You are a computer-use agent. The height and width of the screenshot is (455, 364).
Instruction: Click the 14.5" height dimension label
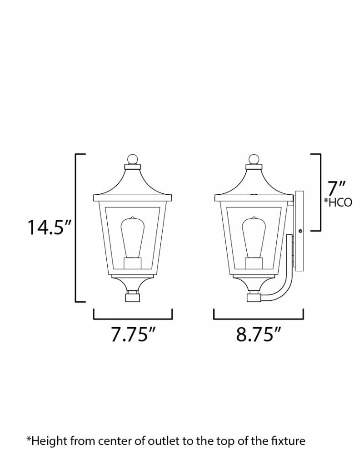(x=49, y=227)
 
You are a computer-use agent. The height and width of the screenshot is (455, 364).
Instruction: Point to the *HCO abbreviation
(x=338, y=202)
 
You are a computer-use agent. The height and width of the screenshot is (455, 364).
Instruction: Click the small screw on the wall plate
(x=300, y=231)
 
